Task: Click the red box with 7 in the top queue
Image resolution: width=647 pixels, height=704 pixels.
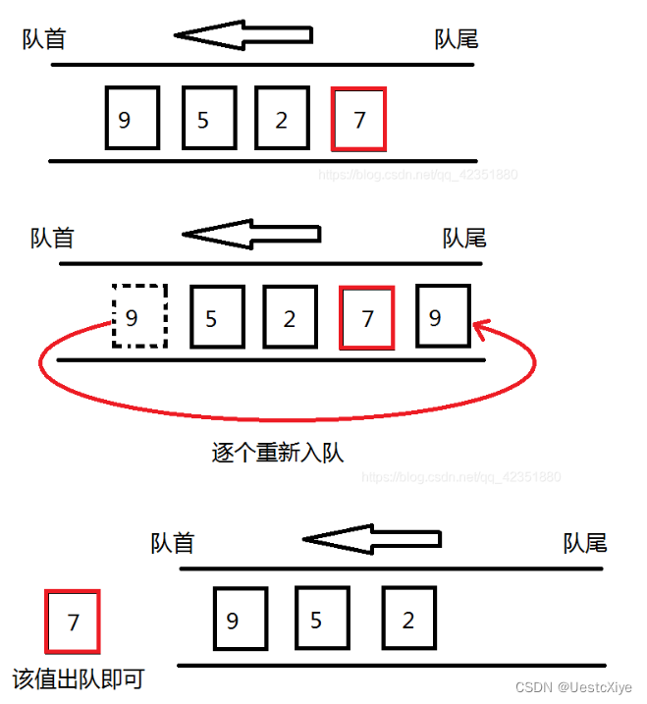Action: [x=359, y=119]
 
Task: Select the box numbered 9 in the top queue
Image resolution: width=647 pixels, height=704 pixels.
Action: [x=133, y=119]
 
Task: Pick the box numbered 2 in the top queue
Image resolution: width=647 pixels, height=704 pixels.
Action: [x=282, y=119]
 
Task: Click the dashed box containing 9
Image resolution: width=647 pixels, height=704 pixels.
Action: [x=139, y=316]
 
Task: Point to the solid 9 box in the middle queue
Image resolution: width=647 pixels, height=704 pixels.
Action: [x=443, y=316]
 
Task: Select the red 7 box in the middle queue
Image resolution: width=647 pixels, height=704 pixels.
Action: [x=367, y=316]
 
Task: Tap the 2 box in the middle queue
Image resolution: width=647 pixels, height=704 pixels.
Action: [x=291, y=316]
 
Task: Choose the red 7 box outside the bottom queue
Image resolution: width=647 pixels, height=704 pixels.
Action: [x=73, y=621]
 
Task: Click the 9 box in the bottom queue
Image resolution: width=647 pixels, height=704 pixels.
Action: [x=241, y=620]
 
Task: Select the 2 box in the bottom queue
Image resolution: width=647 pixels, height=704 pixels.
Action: [x=409, y=620]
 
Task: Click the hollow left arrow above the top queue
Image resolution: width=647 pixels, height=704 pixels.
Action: [x=243, y=35]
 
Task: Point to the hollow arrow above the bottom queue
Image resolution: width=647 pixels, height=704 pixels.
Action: [x=371, y=539]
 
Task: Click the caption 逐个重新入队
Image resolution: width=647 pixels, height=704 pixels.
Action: [x=278, y=453]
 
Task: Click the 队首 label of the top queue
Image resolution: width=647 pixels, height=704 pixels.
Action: [x=44, y=39]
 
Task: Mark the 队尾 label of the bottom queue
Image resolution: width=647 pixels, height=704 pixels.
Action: [x=585, y=543]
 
